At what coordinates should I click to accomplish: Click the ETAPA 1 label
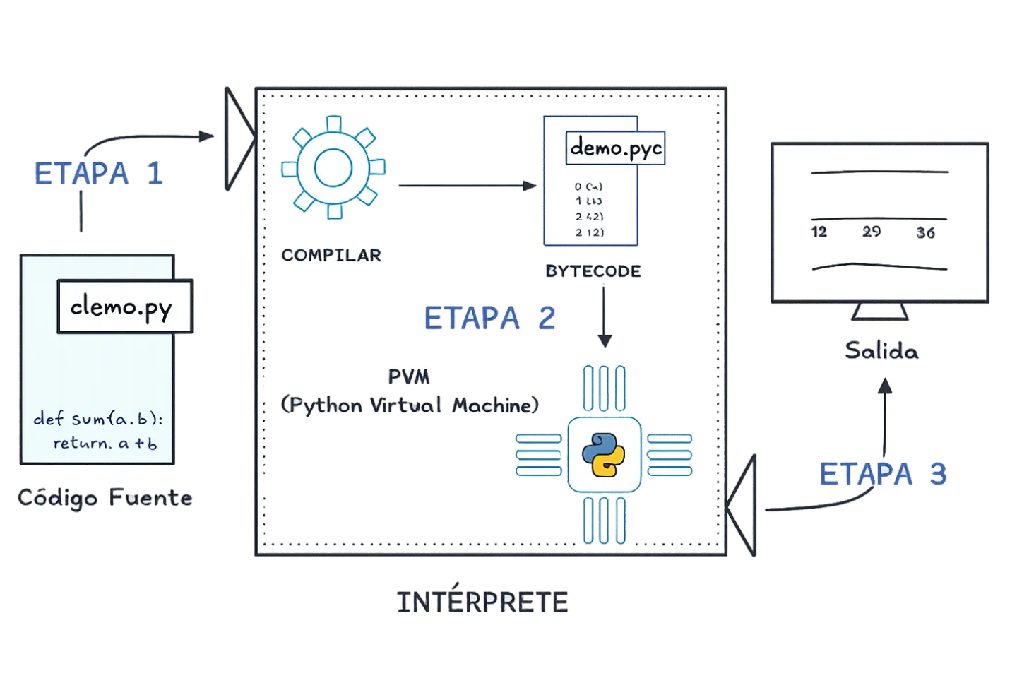click(99, 174)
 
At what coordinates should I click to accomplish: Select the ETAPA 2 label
click(490, 319)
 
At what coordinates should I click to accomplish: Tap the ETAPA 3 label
click(883, 474)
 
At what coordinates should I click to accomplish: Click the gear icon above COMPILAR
click(332, 168)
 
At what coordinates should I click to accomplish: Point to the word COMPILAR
click(332, 255)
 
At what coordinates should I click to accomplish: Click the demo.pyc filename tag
click(617, 148)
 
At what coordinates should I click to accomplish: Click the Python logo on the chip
click(603, 454)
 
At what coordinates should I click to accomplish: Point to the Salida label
click(881, 351)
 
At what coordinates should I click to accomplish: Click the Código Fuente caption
click(105, 499)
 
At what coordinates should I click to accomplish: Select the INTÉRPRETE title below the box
click(483, 602)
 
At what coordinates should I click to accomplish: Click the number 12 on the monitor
click(820, 232)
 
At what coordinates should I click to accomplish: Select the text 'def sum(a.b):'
click(98, 419)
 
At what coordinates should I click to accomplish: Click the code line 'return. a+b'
click(105, 444)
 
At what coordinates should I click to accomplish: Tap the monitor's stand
click(880, 312)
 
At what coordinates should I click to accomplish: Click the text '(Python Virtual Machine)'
click(410, 405)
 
